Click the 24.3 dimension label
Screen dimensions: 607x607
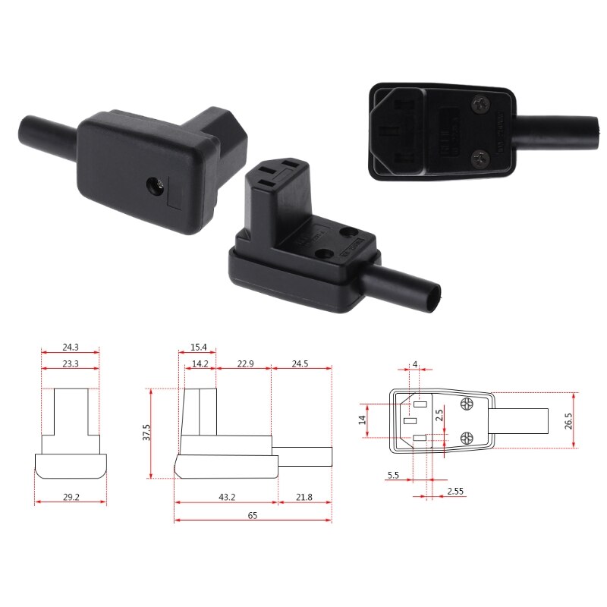pos(70,348)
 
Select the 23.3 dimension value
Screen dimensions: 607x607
pos(70,363)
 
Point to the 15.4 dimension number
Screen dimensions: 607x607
pos(199,348)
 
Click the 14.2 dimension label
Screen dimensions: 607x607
pos(200,363)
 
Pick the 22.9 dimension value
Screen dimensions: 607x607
pos(245,363)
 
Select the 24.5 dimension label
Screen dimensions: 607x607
pos(300,363)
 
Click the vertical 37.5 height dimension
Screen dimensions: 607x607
pos(146,432)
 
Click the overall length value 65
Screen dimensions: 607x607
pos(252,515)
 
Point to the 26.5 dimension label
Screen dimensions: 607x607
pos(568,421)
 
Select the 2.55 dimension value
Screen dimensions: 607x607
pos(455,491)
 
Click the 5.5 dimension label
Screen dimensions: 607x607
pos(393,475)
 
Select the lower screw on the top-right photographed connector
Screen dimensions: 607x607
pos(480,159)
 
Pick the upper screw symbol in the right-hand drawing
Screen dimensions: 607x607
pos(467,405)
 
